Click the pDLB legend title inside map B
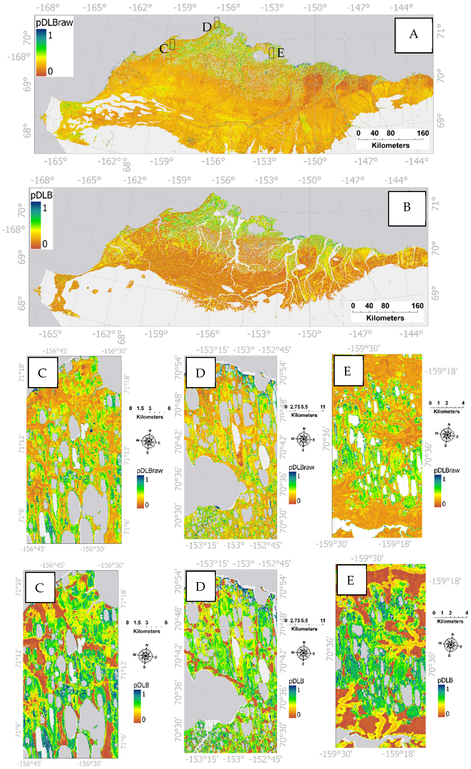[41, 195]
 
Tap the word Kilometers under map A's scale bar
[390, 146]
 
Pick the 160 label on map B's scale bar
[417, 306]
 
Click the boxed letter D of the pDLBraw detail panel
[200, 373]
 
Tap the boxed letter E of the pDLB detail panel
[351, 580]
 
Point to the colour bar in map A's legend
[41, 52]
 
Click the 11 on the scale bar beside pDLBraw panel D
[322, 407]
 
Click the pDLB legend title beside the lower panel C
[141, 685]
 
